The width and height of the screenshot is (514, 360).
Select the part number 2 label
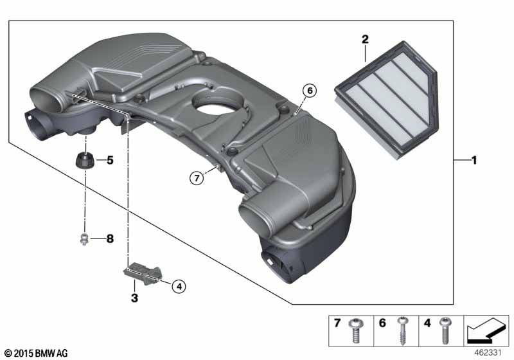click(x=365, y=39)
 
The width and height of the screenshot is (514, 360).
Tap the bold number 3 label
click(x=134, y=298)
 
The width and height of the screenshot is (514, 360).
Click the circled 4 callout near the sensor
click(x=178, y=287)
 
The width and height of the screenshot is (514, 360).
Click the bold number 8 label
click(x=109, y=239)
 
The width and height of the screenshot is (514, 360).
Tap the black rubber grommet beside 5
click(x=84, y=158)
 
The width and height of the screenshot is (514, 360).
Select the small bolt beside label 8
click(x=82, y=240)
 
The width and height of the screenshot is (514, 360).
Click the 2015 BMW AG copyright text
click(x=36, y=353)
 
